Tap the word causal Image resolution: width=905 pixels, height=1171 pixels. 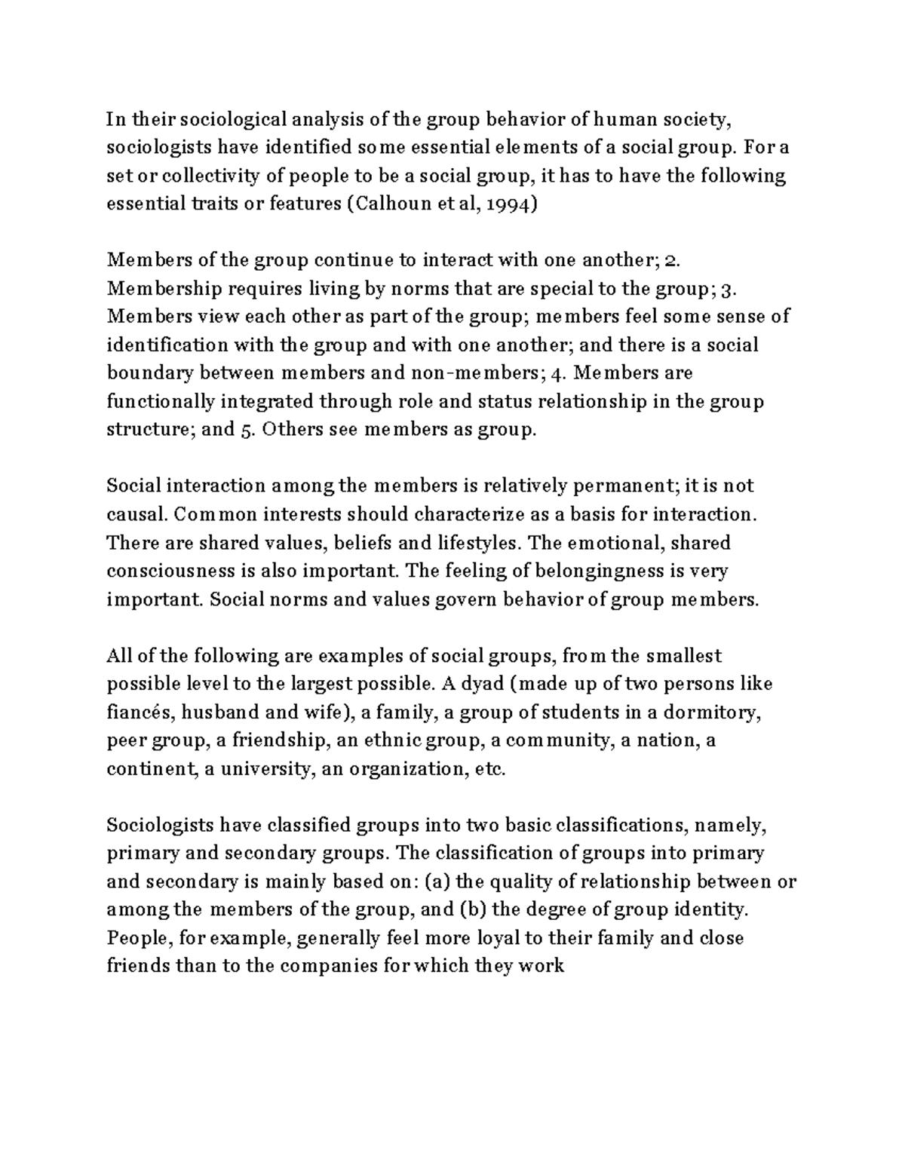click(x=137, y=515)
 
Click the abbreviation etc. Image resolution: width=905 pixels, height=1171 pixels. click(x=488, y=769)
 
